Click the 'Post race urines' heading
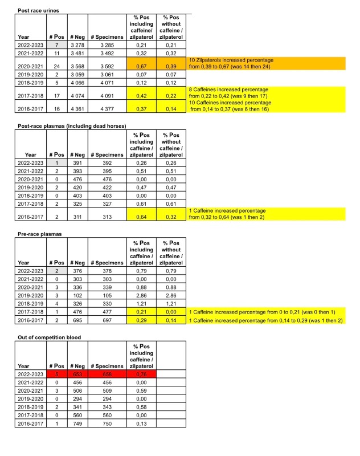click(39, 10)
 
